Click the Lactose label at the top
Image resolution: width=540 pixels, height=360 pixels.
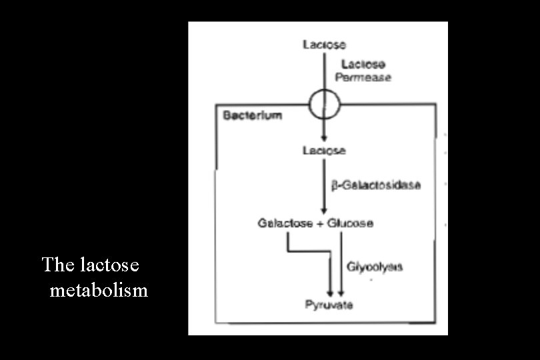click(325, 45)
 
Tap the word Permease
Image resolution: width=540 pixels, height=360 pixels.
click(366, 77)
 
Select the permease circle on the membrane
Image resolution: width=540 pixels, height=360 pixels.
click(325, 104)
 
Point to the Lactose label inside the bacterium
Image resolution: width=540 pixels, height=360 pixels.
click(325, 151)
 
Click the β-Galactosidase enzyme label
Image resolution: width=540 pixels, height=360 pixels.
click(376, 185)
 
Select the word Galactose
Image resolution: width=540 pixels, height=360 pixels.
click(285, 223)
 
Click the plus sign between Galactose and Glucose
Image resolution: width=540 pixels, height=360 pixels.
click(320, 223)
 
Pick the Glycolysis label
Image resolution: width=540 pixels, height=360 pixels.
click(375, 267)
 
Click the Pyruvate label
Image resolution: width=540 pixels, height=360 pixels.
click(329, 305)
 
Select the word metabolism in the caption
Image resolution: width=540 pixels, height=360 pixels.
click(99, 290)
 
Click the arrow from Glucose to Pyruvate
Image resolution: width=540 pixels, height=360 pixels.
click(341, 263)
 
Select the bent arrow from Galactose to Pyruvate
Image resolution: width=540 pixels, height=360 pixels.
click(313, 251)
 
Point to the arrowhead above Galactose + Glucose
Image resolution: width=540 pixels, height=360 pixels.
click(325, 211)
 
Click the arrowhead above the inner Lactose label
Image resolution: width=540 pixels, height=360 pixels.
click(325, 138)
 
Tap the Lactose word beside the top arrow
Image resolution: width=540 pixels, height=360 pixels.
click(363, 65)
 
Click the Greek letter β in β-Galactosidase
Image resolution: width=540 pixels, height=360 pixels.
click(335, 185)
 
